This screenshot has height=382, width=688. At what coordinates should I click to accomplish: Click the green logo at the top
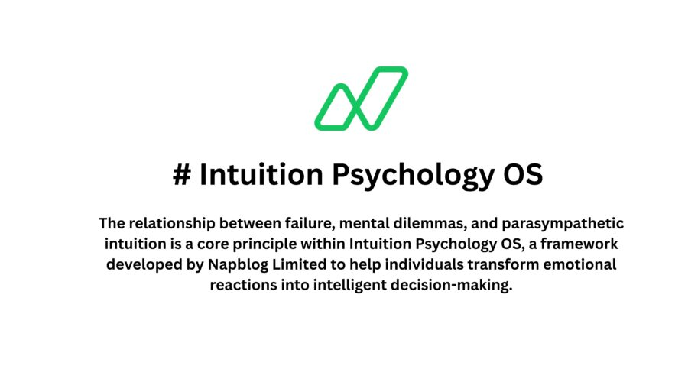pos(361,99)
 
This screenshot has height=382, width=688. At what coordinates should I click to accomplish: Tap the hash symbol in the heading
pos(182,175)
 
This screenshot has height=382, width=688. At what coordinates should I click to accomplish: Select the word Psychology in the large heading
pos(409,175)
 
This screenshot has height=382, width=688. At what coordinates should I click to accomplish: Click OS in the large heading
pos(522,175)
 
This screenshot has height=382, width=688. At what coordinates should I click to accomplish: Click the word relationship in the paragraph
pos(167,224)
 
